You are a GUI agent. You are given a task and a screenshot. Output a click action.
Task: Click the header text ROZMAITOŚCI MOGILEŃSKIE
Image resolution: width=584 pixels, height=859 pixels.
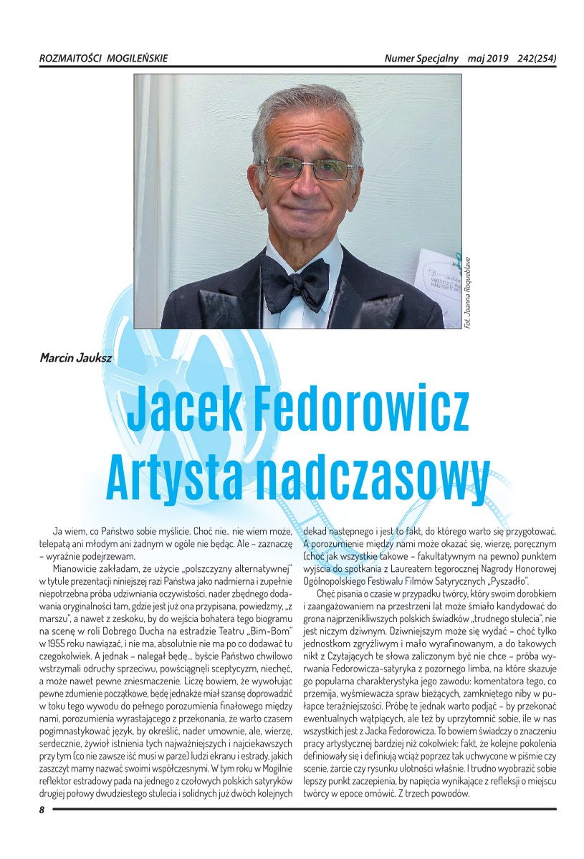pos(103,59)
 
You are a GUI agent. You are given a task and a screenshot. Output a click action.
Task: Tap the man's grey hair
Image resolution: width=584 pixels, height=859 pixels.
pos(308,107)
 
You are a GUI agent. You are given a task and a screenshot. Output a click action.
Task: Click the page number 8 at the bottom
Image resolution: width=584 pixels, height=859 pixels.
pos(42,810)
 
